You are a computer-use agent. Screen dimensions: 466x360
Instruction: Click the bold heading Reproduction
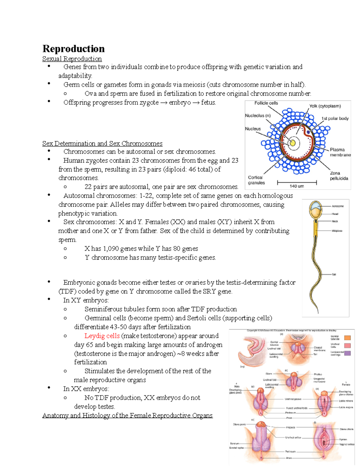point(73,49)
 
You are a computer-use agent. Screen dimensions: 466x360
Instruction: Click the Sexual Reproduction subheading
point(72,59)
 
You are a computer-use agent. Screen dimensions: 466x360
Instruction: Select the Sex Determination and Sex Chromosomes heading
point(102,143)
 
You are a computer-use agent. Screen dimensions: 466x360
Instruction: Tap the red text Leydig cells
point(102,336)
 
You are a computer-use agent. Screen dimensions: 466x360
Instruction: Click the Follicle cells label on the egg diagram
point(266,103)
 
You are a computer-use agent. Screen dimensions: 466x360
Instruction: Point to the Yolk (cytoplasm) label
point(325,106)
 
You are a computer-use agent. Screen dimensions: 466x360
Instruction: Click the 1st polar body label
point(335,119)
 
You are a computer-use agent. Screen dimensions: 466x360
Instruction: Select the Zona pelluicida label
point(339,176)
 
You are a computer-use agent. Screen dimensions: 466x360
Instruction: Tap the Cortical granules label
point(256,180)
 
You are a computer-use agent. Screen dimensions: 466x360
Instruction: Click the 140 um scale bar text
point(297,186)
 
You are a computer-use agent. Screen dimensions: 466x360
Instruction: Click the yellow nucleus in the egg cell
point(292,143)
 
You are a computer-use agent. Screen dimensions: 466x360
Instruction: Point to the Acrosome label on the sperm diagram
point(337,206)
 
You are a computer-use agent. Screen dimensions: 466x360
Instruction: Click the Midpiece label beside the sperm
point(337,231)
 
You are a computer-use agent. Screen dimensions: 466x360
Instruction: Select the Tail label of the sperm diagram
point(334,274)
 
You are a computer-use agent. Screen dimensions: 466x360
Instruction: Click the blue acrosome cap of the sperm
point(314,206)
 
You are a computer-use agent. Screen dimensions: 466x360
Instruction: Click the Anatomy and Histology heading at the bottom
point(127,416)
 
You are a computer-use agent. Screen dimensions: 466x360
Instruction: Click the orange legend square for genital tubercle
point(347,338)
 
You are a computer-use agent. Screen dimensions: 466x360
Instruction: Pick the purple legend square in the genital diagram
point(347,353)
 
